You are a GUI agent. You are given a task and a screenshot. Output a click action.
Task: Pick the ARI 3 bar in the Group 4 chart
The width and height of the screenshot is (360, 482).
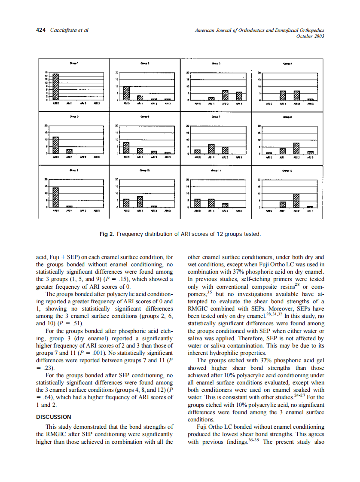tap(310, 99)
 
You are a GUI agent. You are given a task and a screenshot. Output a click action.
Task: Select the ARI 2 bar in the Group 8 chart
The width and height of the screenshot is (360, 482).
tap(296, 148)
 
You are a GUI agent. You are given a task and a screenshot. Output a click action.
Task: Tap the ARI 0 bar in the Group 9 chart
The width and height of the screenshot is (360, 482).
tap(55, 198)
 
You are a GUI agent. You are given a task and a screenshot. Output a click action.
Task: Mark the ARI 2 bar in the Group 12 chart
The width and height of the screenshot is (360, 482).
tap(296, 201)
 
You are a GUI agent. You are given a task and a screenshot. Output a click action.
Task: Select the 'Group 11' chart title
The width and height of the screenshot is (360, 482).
tap(216, 170)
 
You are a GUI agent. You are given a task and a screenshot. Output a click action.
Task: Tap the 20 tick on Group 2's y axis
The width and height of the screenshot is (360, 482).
tap(116, 73)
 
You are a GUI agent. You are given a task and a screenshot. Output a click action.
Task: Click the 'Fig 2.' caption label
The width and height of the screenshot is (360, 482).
tap(107, 234)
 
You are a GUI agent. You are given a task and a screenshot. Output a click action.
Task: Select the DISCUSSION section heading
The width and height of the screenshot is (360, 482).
tap(54, 417)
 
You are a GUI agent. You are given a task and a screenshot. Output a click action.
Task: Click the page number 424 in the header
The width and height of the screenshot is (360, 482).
tap(41, 30)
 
